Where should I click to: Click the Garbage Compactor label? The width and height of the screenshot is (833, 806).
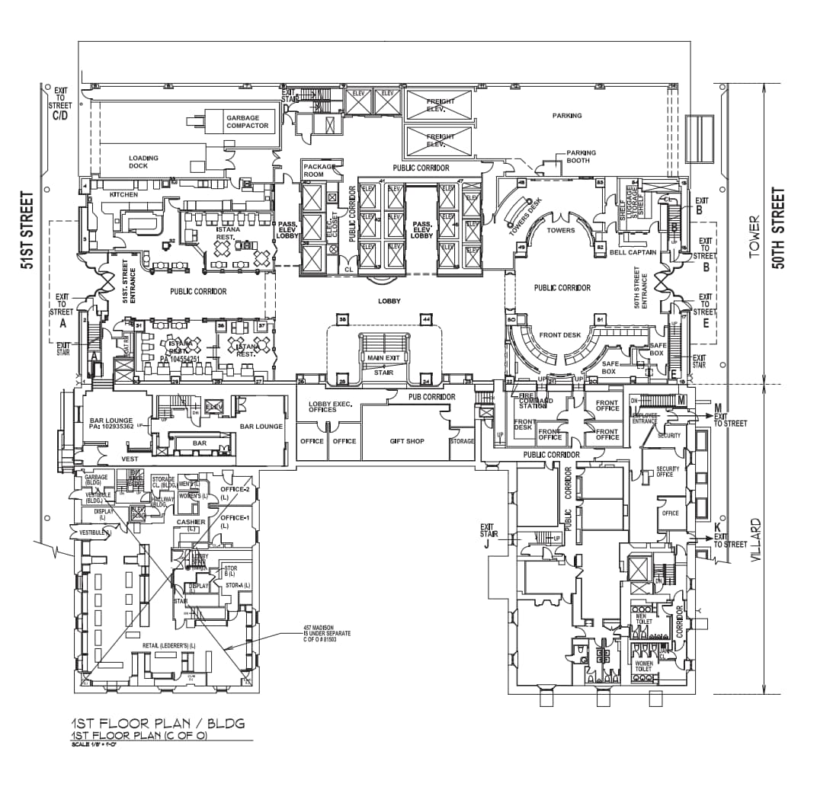pyautogui.click(x=247, y=122)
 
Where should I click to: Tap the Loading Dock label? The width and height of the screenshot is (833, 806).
pyautogui.click(x=143, y=162)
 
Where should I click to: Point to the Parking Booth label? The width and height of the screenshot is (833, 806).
pyautogui.click(x=581, y=157)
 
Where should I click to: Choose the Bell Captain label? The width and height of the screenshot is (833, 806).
pyautogui.click(x=628, y=252)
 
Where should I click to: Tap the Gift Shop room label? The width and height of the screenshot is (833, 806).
pyautogui.click(x=406, y=441)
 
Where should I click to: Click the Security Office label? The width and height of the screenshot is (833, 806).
pyautogui.click(x=668, y=472)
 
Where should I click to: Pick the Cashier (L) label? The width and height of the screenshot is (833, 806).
pyautogui.click(x=191, y=525)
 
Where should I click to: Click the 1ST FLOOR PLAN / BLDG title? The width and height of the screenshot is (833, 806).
pyautogui.click(x=159, y=724)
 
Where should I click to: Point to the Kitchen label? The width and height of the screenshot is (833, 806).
pyautogui.click(x=124, y=195)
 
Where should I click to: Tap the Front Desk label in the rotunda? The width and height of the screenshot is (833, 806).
pyautogui.click(x=560, y=335)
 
